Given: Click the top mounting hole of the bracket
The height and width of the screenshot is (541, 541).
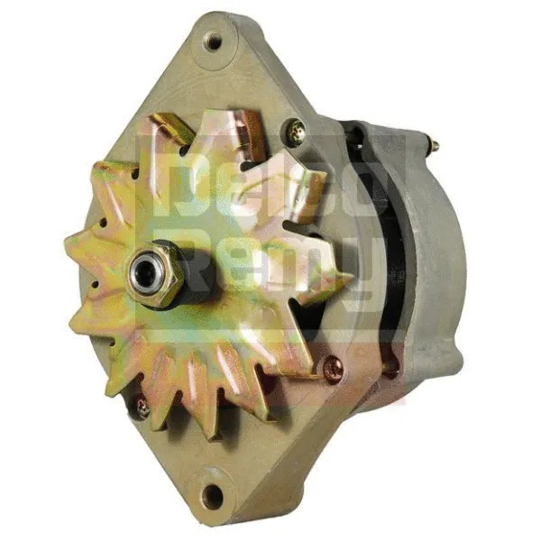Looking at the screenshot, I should tap(213, 41).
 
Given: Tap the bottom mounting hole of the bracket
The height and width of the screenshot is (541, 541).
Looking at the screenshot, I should tap(213, 495).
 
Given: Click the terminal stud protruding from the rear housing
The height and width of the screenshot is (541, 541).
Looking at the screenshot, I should tap(434, 145).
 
